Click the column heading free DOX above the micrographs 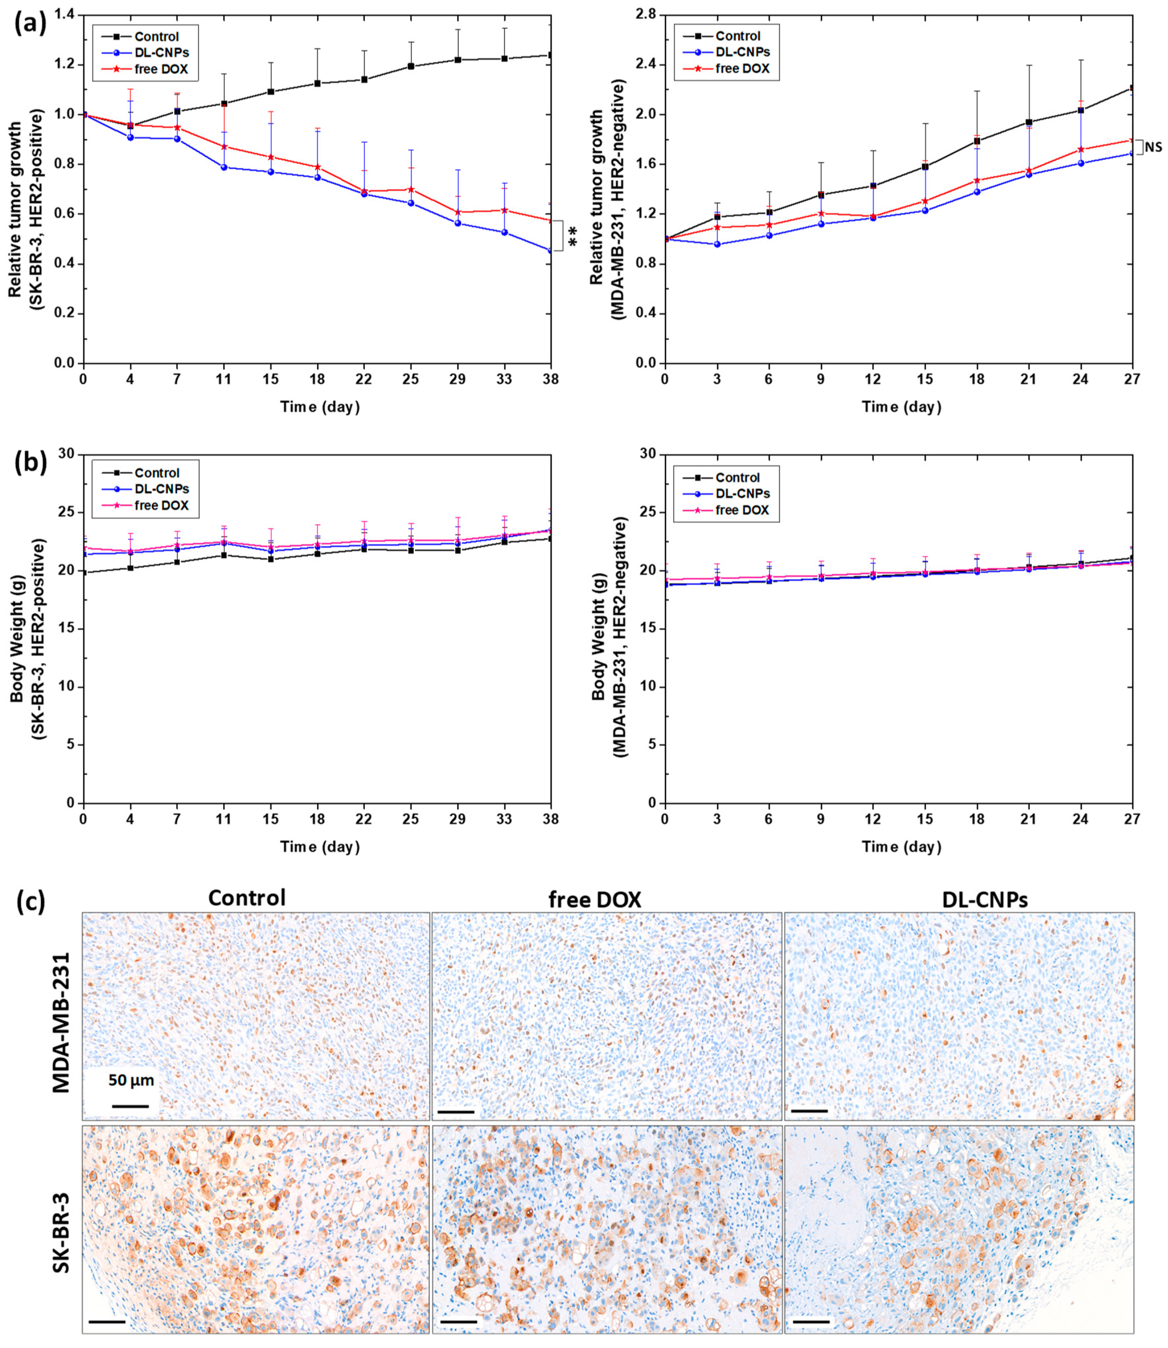tap(594, 899)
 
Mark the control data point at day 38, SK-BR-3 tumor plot tap(551, 56)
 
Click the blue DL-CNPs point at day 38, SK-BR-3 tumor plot tap(551, 250)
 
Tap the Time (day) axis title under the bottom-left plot tap(319, 847)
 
